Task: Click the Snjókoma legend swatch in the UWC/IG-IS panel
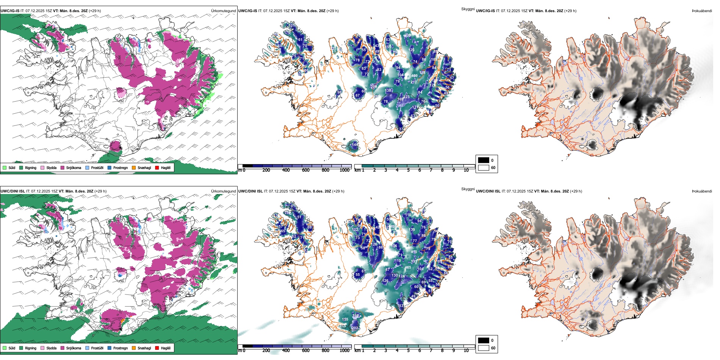pyautogui.click(x=63, y=167)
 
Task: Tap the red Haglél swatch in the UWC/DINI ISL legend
pyautogui.click(x=157, y=348)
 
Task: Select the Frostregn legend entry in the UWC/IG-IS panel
pyautogui.click(x=110, y=167)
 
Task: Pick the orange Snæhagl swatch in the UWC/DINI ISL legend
pyautogui.click(x=134, y=348)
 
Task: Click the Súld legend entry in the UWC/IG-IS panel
pyautogui.click(x=5, y=167)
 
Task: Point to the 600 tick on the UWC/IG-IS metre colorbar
pyautogui.click(x=306, y=170)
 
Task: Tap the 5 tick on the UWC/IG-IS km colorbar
pyautogui.click(x=409, y=170)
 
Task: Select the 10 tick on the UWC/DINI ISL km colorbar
pyautogui.click(x=466, y=351)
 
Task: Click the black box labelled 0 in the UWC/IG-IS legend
pyautogui.click(x=484, y=160)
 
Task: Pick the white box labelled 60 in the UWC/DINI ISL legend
pyautogui.click(x=484, y=348)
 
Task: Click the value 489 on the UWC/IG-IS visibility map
pyautogui.click(x=414, y=76)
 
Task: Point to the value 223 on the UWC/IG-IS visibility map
pyautogui.click(x=406, y=97)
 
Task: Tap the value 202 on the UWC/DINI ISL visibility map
pyautogui.click(x=355, y=328)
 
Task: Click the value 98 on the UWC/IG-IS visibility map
pyautogui.click(x=340, y=92)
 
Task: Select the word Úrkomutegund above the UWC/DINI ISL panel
pyautogui.click(x=224, y=191)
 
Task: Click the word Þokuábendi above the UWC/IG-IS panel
pyautogui.click(x=702, y=11)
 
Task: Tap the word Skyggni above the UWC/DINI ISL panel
pyautogui.click(x=468, y=189)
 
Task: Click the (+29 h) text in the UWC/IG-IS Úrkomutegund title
pyautogui.click(x=95, y=11)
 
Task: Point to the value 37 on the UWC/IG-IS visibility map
pyautogui.click(x=401, y=129)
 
